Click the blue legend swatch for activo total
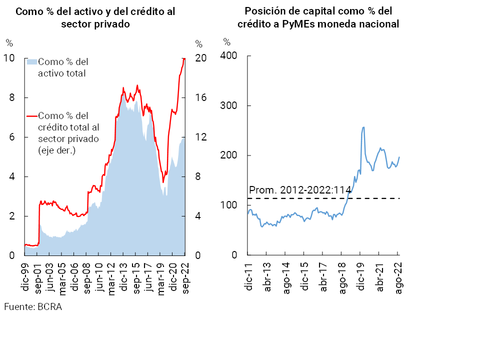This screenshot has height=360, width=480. point(31,62)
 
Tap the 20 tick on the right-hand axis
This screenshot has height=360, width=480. point(200,58)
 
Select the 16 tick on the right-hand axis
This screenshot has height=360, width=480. point(200,98)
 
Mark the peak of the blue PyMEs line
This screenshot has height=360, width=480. point(363,127)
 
